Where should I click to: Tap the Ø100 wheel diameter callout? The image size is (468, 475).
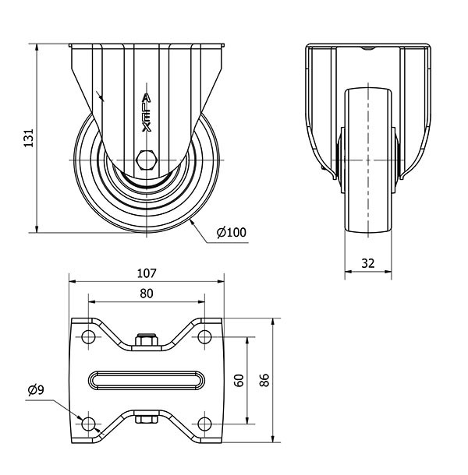[x=232, y=232]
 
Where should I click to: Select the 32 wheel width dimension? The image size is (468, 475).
[x=368, y=263]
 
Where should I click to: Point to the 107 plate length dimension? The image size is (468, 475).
[x=147, y=273]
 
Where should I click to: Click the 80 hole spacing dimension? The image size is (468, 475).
[x=147, y=294]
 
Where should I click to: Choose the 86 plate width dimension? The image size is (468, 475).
[x=264, y=379]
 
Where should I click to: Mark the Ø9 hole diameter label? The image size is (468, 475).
[x=35, y=389]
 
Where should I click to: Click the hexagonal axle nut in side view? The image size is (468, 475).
[x=146, y=160]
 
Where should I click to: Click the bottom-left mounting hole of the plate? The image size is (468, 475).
[x=88, y=423]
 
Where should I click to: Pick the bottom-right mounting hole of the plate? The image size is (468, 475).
[x=204, y=423]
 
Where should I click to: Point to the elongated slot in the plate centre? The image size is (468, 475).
[x=147, y=380]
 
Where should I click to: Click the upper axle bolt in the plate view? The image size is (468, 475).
[x=146, y=340]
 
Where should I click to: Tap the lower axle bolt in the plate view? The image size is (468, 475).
[x=146, y=419]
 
